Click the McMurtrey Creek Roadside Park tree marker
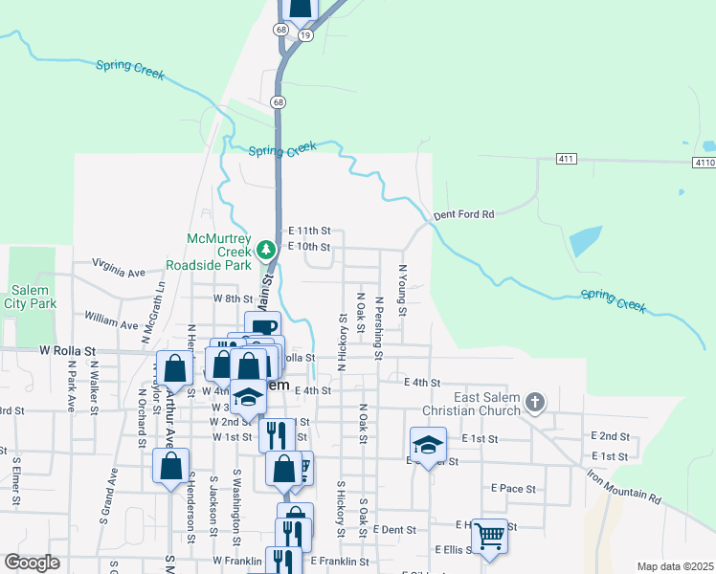click(x=269, y=250)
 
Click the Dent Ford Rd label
click(x=463, y=215)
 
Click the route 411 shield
click(x=565, y=158)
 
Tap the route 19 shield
click(x=305, y=33)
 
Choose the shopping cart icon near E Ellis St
click(x=489, y=535)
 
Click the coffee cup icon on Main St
click(x=262, y=326)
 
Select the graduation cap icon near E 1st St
click(x=428, y=443)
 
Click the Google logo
click(x=32, y=563)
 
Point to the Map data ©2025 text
click(x=675, y=566)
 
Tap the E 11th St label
click(x=309, y=232)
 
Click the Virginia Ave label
click(x=118, y=265)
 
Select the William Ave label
click(x=111, y=318)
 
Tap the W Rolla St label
click(x=70, y=351)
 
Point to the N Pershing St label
click(x=379, y=328)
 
